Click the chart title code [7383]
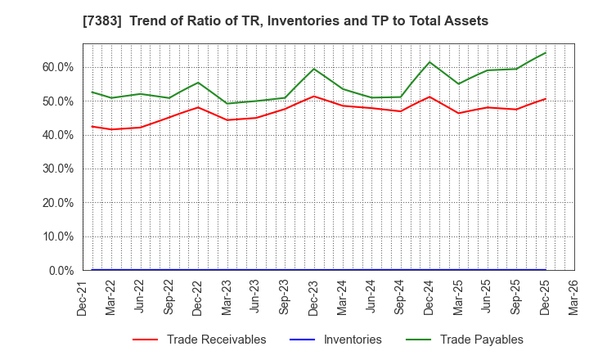coord(119,21)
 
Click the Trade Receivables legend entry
coord(216,340)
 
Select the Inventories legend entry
coord(353,340)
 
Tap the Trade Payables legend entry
coord(481,340)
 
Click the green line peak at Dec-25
coord(546,52)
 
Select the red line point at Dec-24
coord(429,97)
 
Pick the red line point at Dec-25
coord(546,99)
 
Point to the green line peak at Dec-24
coord(429,62)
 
